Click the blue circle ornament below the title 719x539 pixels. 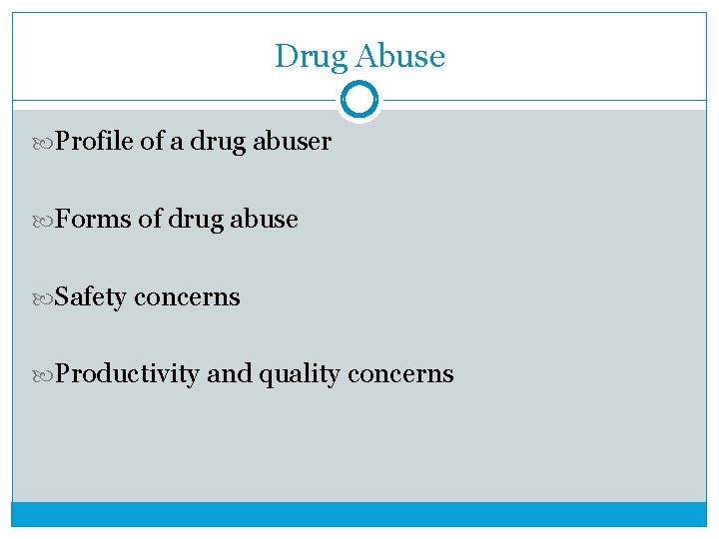click(359, 100)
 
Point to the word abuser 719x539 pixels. click(292, 142)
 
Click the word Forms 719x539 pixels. click(93, 219)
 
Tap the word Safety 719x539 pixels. click(91, 296)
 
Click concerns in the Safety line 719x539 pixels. click(187, 296)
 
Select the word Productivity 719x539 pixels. click(128, 374)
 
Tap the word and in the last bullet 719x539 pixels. click(230, 374)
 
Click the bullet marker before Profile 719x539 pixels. click(46, 143)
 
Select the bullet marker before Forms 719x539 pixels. click(46, 220)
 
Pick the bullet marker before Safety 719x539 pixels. click(46, 297)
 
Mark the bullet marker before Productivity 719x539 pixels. click(46, 375)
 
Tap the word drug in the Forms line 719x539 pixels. click(195, 219)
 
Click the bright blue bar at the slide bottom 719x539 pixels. click(359, 513)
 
